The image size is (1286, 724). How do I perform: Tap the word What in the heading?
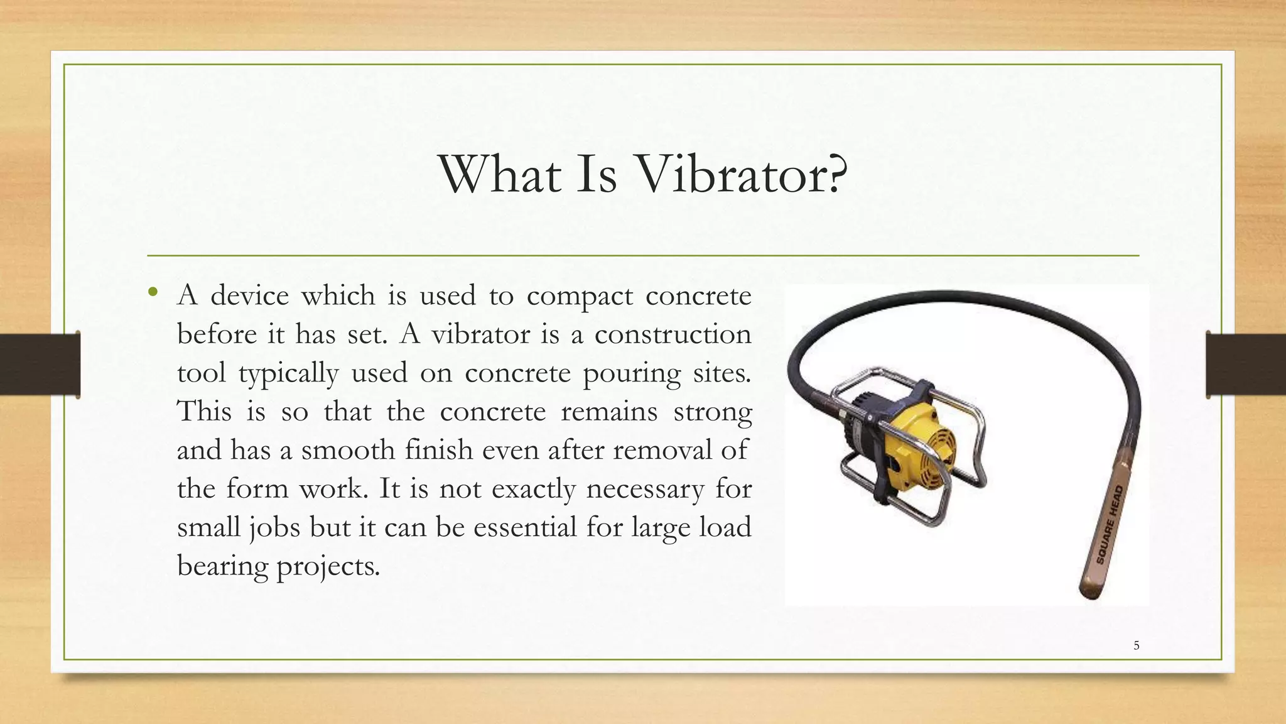click(x=500, y=174)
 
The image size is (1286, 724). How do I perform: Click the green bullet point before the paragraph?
click(x=153, y=292)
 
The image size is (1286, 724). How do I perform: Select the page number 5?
click(x=1136, y=645)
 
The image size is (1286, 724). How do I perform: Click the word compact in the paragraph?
click(x=580, y=296)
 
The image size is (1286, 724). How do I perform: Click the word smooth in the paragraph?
click(x=348, y=450)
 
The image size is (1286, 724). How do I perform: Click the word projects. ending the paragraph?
click(x=328, y=566)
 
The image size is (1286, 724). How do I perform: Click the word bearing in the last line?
click(x=222, y=566)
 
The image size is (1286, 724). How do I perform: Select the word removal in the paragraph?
click(x=662, y=450)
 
